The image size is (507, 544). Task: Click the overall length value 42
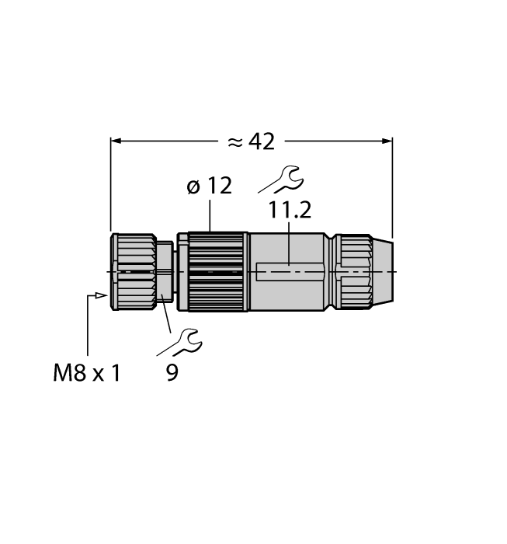click(262, 141)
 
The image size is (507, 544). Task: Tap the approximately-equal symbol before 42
click(235, 142)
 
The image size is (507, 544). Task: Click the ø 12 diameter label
click(209, 187)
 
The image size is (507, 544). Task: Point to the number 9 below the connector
click(172, 373)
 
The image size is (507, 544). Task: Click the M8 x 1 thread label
click(87, 373)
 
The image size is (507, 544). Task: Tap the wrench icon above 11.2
click(280, 179)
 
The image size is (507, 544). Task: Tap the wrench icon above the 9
click(186, 339)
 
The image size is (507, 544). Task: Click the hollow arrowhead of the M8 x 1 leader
click(100, 295)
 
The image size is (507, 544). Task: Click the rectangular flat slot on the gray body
click(289, 272)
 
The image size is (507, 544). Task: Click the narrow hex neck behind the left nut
click(165, 272)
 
